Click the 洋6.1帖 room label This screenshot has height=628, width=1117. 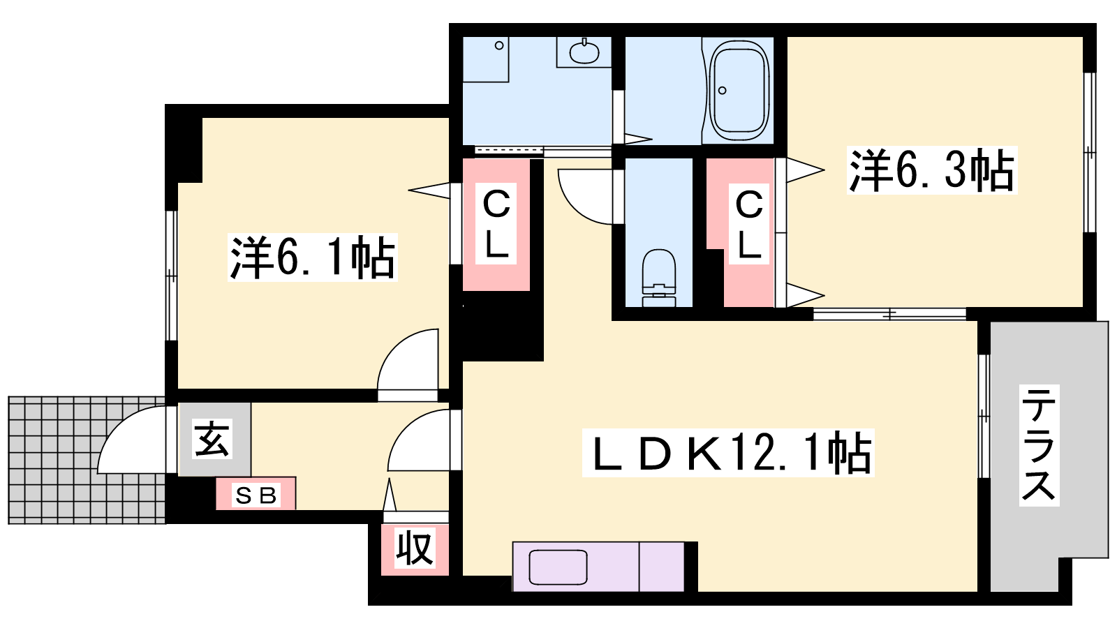tap(313, 257)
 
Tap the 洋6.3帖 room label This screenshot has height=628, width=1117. tap(931, 170)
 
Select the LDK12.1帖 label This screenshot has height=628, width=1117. tap(728, 453)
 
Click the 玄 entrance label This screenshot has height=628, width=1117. tap(212, 438)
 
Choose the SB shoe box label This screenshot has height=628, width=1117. tap(256, 495)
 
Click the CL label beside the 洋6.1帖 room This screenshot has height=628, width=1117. tap(496, 224)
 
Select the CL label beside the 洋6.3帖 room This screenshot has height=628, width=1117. tap(748, 224)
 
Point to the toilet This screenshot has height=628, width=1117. tap(659, 278)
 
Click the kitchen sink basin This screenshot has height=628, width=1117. tap(558, 567)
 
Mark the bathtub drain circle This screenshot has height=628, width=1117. tap(722, 90)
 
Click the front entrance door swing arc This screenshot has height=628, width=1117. tap(117, 426)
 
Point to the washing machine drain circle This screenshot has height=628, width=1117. tap(498, 46)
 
